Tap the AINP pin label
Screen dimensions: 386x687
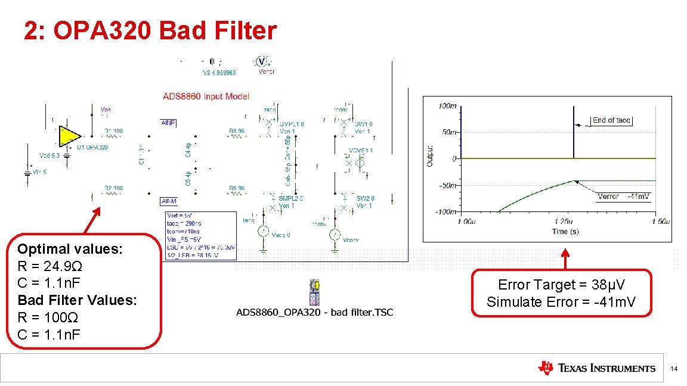tap(168, 123)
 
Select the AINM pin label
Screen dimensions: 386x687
tap(168, 201)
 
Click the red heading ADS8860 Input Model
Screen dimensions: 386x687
tap(206, 96)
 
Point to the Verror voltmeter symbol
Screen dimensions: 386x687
tap(261, 61)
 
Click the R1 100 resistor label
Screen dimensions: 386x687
tap(113, 131)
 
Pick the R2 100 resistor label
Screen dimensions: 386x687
tap(113, 188)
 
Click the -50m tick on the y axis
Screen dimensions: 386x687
tap(447, 185)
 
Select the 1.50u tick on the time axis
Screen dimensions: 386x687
tap(660, 222)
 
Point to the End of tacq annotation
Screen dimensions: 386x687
tap(611, 120)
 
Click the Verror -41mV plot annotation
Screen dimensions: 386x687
tap(623, 196)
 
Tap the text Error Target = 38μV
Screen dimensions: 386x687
tap(561, 285)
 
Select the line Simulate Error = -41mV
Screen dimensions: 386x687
tap(561, 302)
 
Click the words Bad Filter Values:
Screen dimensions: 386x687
tap(78, 300)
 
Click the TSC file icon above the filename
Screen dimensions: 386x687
tap(314, 291)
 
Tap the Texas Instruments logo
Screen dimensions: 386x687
tap(596, 368)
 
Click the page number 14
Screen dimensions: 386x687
tap(674, 369)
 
